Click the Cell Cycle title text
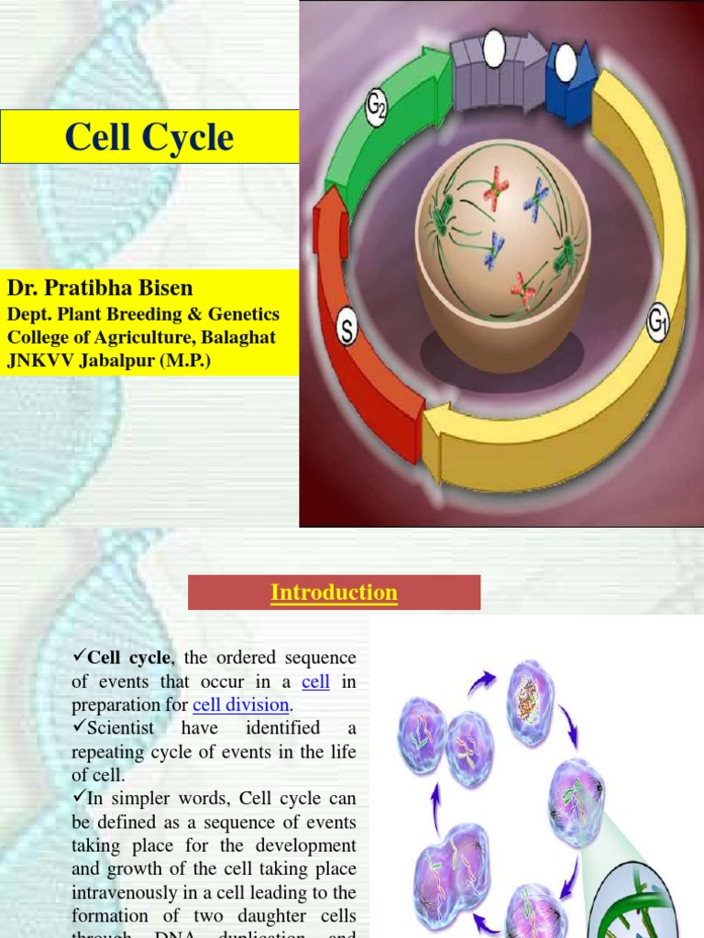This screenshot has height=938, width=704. pos(149,137)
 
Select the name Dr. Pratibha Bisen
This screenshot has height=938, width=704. pos(100,288)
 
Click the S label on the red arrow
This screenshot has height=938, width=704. pos(347,331)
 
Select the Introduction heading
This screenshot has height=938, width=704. pos(334,593)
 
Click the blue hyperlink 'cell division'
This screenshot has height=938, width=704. pos(241,705)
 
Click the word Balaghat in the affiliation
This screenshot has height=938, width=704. pos(232,337)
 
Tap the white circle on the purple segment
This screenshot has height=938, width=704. pos(494,49)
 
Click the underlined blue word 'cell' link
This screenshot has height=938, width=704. pos(315,682)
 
